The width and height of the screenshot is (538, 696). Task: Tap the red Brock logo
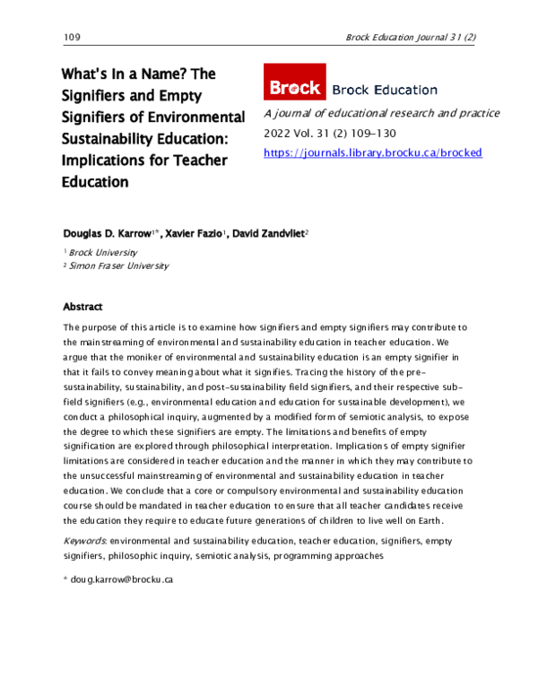294,89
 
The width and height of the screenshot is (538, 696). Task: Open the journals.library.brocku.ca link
373,152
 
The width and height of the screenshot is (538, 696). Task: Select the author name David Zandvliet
267,232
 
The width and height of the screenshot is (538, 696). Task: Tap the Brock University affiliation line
102,253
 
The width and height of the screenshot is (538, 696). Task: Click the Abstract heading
82,307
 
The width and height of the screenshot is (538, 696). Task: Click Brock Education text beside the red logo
385,90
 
